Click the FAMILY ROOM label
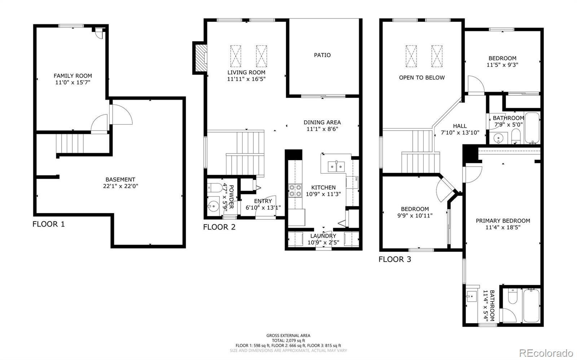tap(73, 76)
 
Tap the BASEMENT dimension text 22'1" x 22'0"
tap(120, 186)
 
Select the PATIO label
tap(322, 55)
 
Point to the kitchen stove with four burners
tap(295, 191)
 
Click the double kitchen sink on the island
tap(336, 166)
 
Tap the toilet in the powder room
tap(215, 187)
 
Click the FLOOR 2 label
tap(219, 227)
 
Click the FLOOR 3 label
tap(395, 259)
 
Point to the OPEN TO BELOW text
tap(422, 77)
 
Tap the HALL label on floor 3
tap(460, 126)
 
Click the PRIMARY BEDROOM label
tap(503, 221)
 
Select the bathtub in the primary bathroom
tap(532, 306)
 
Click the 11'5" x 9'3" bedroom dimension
tap(502, 65)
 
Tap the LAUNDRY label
tap(323, 236)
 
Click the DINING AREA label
tap(322, 123)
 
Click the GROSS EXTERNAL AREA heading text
tap(288, 335)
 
